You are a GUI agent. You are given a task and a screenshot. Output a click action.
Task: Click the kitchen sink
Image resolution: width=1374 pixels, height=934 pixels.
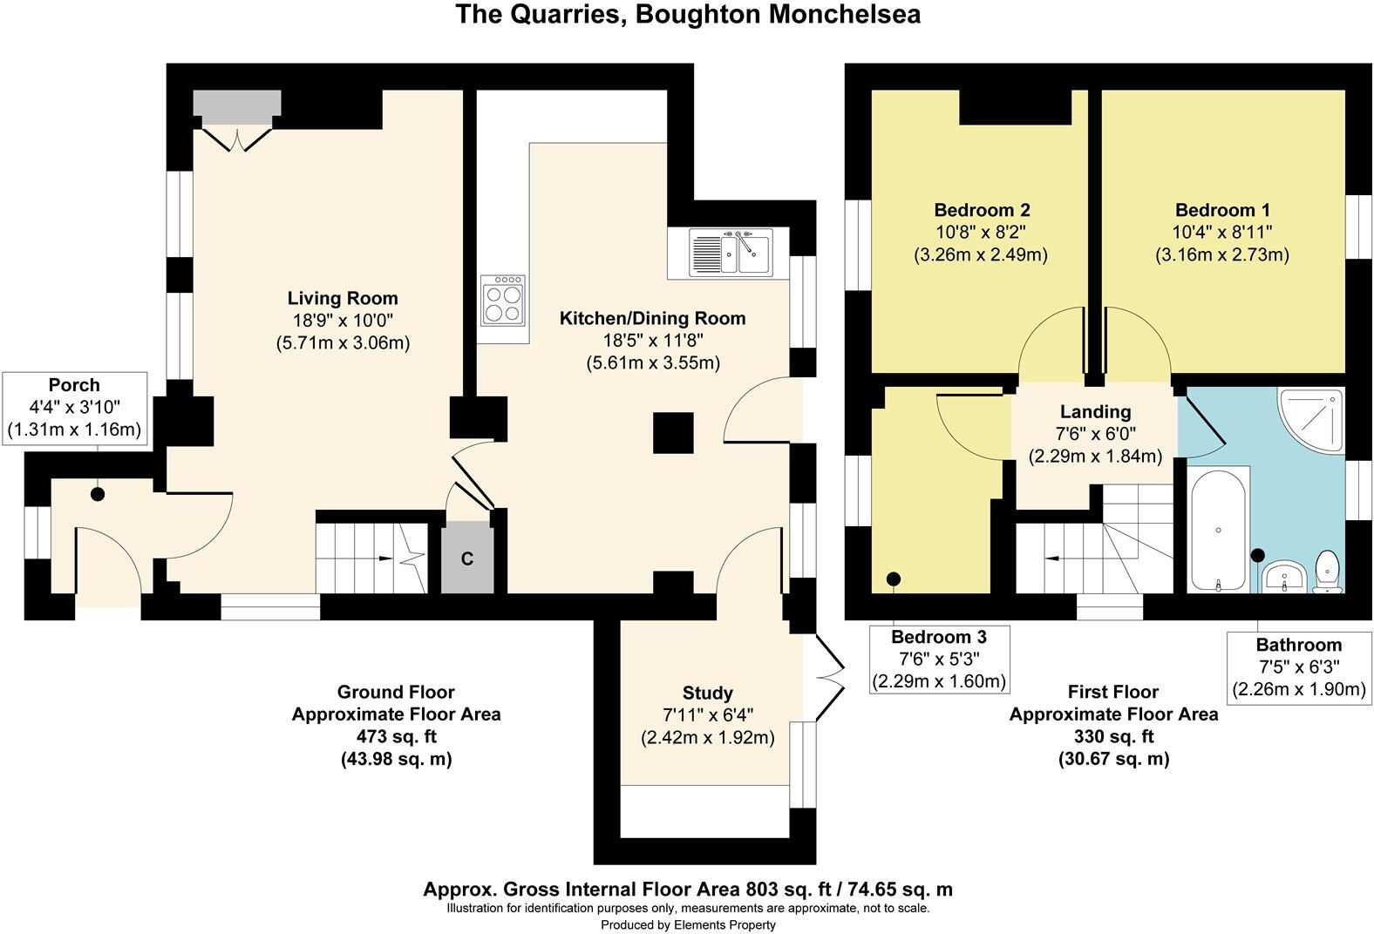coord(731,252)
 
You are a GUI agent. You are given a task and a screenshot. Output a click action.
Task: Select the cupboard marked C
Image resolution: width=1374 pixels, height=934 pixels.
coord(466,558)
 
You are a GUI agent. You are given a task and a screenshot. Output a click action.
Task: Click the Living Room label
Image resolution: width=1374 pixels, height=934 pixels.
coord(343,298)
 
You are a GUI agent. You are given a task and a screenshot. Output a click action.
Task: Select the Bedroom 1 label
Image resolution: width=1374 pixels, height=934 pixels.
coord(1222,210)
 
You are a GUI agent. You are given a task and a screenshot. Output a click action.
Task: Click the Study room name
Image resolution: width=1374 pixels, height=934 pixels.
coord(707,694)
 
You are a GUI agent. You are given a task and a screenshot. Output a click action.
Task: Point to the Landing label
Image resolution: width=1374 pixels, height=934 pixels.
coord(1095,411)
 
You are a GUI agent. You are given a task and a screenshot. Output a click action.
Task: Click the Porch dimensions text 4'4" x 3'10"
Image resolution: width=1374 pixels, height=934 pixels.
coord(74,407)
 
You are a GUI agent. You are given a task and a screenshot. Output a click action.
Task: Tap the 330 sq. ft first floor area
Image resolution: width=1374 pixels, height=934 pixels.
coord(1113,736)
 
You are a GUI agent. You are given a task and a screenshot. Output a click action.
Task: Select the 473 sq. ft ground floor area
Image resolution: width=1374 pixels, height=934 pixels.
coord(396,736)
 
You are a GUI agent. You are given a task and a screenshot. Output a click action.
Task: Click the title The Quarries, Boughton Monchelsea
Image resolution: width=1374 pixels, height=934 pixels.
coord(688,15)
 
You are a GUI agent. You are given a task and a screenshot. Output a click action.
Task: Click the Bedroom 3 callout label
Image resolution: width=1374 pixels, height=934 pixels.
coord(940,637)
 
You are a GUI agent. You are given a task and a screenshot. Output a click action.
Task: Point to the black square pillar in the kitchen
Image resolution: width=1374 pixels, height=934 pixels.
coord(673,433)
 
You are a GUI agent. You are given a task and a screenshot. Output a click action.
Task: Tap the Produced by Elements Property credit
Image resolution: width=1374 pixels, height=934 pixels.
coord(688,924)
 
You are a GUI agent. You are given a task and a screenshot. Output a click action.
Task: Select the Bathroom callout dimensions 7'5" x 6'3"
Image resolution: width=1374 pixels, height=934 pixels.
coord(1298,667)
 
